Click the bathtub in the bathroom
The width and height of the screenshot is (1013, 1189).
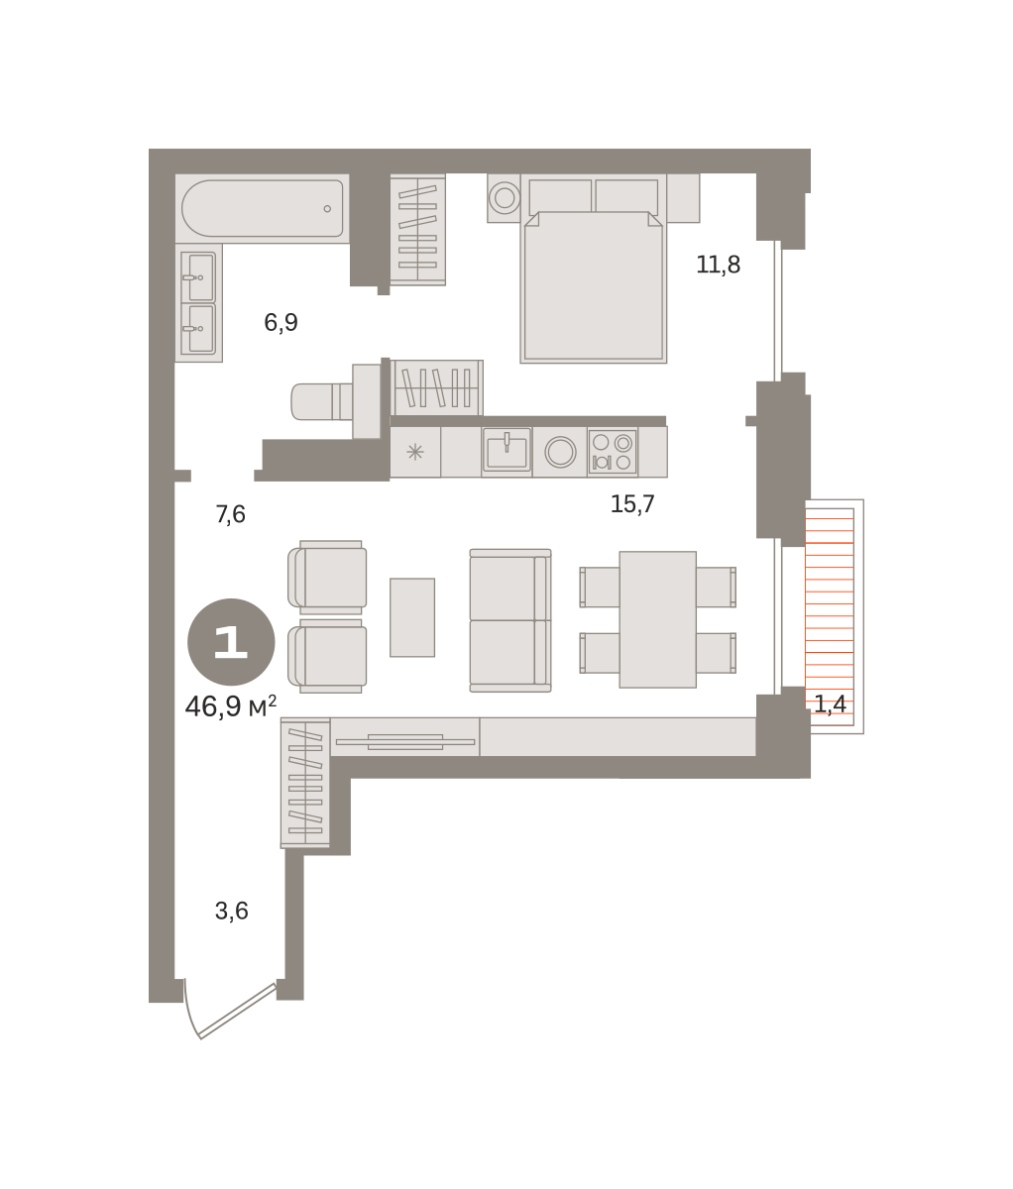[263, 208]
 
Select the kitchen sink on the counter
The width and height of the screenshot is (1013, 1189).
[506, 450]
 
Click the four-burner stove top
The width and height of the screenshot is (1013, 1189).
[613, 452]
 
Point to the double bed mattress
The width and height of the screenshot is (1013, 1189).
[594, 286]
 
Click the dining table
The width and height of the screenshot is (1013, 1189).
[658, 619]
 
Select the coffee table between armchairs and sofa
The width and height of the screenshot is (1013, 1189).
[412, 617]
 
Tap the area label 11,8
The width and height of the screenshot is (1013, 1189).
[718, 265]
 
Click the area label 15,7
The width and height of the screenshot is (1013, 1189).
[632, 504]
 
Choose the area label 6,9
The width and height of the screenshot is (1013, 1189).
[281, 322]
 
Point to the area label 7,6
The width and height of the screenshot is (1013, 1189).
[230, 513]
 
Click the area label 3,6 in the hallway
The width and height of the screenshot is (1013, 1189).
[231, 911]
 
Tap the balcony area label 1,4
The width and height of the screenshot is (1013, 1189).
[830, 703]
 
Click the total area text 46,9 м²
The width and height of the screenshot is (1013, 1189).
[231, 706]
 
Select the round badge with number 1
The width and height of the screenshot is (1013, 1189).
[231, 642]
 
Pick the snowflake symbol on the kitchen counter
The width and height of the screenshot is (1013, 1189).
[415, 452]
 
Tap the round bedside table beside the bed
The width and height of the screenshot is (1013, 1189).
[505, 198]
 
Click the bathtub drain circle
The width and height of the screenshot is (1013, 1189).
[327, 209]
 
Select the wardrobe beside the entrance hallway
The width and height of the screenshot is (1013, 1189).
[305, 783]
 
